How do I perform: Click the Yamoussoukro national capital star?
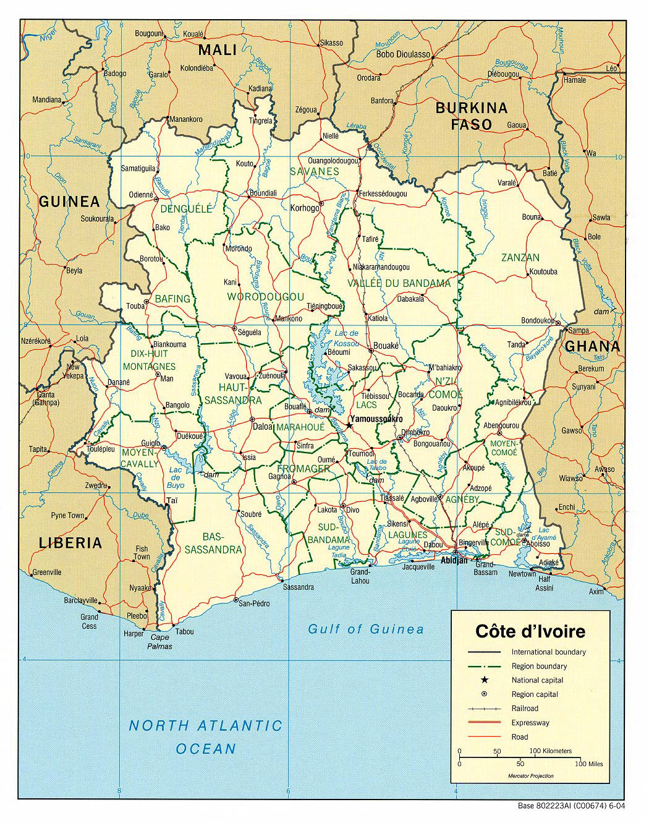tap(350, 425)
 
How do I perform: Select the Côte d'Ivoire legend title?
tap(530, 632)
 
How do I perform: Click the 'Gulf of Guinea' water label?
tap(367, 629)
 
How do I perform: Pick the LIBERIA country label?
tap(70, 543)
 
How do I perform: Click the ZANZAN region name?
tap(520, 257)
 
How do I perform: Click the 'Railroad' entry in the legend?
tap(525, 708)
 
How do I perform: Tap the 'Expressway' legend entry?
tap(530, 722)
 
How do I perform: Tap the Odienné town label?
tap(140, 194)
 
